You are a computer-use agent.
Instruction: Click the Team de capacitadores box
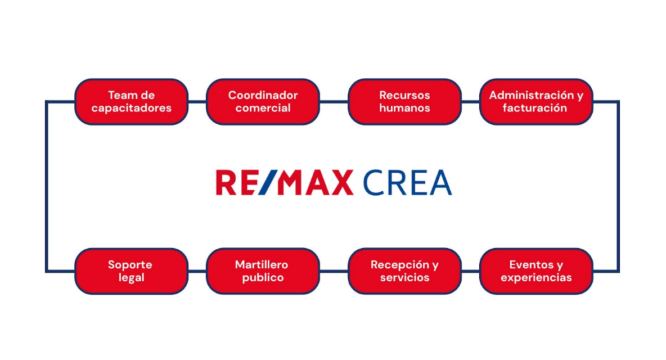tap(131, 101)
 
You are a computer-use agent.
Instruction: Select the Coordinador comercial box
tap(263, 101)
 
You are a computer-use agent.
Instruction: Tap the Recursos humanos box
tap(404, 101)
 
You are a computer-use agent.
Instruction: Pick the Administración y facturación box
tap(535, 101)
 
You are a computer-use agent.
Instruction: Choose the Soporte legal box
tap(131, 271)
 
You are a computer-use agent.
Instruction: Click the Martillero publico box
tap(263, 271)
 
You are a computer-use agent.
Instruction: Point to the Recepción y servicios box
tap(404, 271)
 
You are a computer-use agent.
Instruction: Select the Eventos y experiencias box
tap(535, 271)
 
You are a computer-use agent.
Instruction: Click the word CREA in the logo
tap(407, 182)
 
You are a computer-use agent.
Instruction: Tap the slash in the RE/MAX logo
tap(269, 182)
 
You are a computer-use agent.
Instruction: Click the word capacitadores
tap(131, 108)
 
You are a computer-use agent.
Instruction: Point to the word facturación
tap(535, 108)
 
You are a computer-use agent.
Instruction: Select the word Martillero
tap(262, 264)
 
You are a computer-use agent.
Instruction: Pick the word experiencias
tap(536, 278)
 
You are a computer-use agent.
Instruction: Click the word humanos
tap(404, 108)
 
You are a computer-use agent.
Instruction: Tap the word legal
tap(131, 278)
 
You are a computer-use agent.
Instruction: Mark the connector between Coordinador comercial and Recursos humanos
tap(334, 102)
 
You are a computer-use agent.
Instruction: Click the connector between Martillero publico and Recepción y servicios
tap(334, 271)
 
